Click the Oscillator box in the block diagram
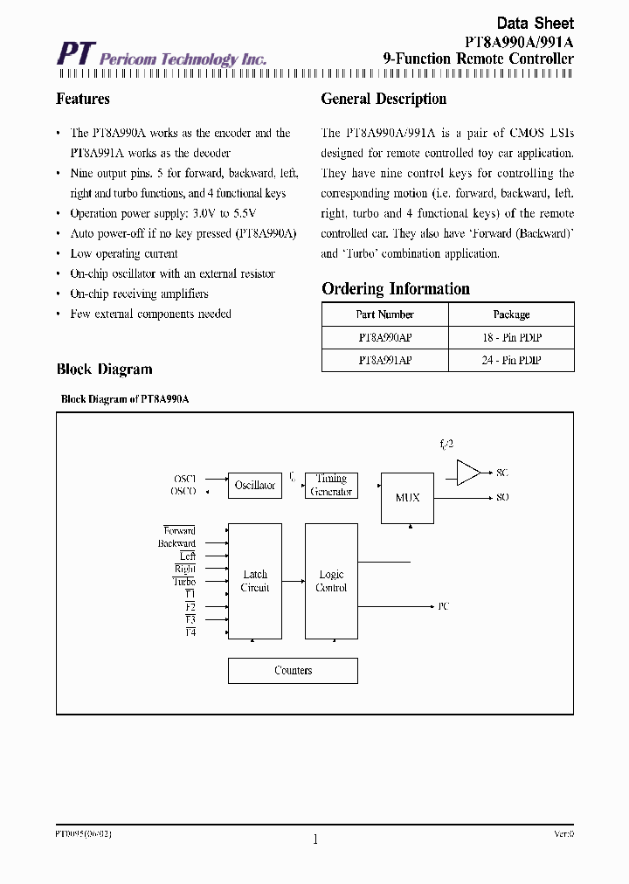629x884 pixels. [x=255, y=486]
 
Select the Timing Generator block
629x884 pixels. [x=331, y=486]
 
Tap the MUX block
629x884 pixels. [x=407, y=498]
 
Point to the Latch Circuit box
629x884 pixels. [x=255, y=581]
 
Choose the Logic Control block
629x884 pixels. [x=331, y=581]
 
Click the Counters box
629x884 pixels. [x=293, y=671]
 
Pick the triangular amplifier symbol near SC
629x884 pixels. [x=468, y=473]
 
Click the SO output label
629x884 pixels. [x=502, y=497]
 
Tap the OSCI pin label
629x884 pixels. [x=185, y=479]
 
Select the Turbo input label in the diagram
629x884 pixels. [x=184, y=582]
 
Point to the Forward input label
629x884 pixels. [x=179, y=531]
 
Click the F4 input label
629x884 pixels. [x=190, y=632]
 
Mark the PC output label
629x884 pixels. [x=444, y=605]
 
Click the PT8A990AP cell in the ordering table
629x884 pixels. [x=385, y=337]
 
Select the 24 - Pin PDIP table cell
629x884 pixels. [x=511, y=360]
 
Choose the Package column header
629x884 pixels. [x=511, y=314]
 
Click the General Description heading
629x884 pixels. [x=384, y=99]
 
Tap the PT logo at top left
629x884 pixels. [x=74, y=54]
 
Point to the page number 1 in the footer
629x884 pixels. [x=314, y=839]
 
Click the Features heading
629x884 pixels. [x=83, y=99]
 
